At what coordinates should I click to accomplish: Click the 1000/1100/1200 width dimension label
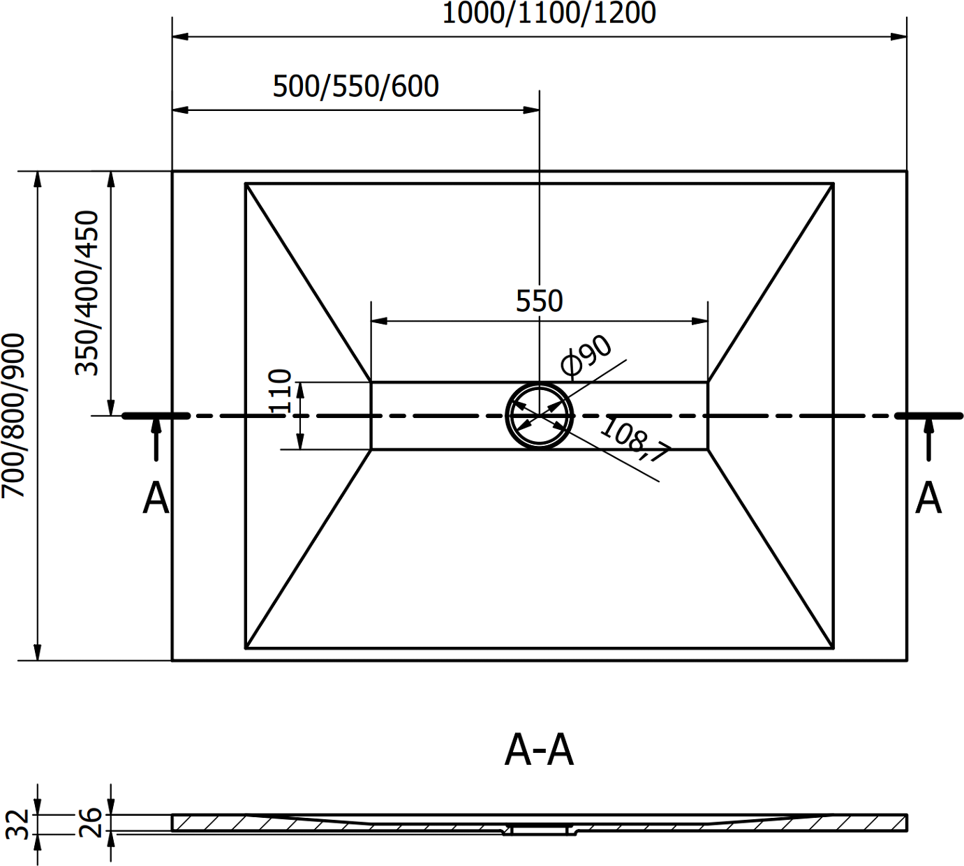(549, 13)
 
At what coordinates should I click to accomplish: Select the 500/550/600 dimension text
(355, 87)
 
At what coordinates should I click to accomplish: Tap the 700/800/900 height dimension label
(13, 415)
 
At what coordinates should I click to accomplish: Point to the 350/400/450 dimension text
(88, 293)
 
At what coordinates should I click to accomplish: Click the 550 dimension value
(539, 301)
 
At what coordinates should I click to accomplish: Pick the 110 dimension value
(280, 391)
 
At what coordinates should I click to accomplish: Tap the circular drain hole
(539, 416)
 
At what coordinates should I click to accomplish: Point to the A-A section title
(539, 751)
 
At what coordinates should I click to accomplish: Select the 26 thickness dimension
(91, 823)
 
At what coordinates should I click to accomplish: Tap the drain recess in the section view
(539, 830)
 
